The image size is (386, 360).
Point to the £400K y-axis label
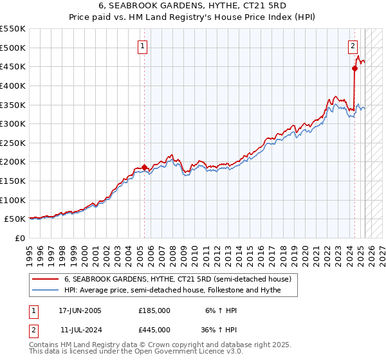[13, 85]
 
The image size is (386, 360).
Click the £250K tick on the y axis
[13, 143]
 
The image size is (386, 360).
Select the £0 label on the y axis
[19, 239]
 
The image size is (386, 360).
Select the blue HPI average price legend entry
[181, 291]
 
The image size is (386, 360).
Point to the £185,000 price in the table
[154, 310]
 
